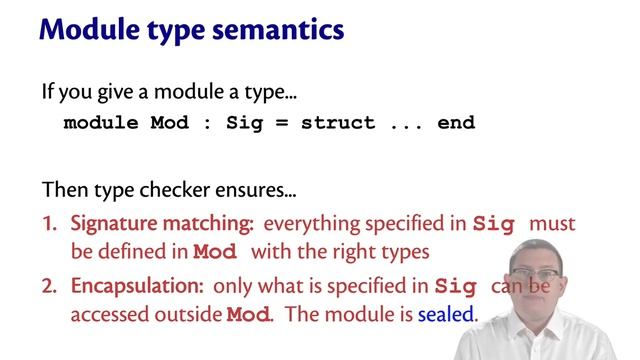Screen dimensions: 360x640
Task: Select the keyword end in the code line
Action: click(455, 124)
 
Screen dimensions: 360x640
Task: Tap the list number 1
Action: click(48, 224)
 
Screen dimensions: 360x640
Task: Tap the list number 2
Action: click(49, 286)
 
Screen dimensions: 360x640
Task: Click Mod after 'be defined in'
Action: click(217, 251)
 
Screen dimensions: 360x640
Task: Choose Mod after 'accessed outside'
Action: click(249, 314)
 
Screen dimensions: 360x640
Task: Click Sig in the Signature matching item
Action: click(495, 224)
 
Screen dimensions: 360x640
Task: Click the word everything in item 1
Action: click(307, 224)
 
